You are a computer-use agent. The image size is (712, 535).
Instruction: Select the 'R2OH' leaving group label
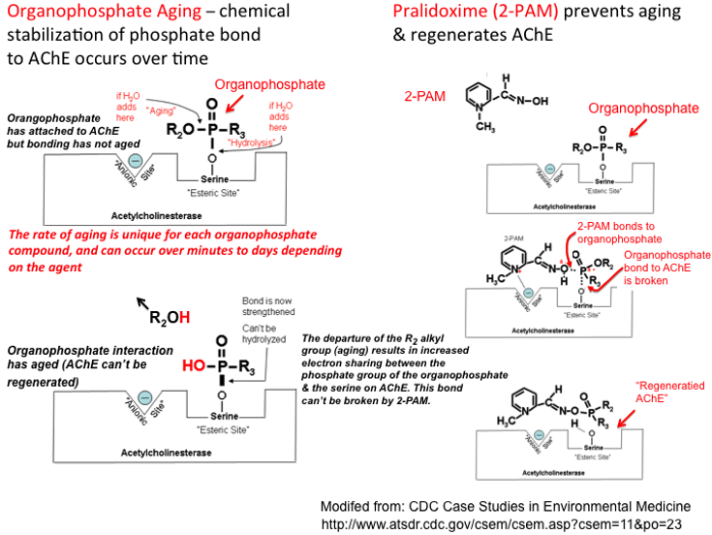click(x=169, y=315)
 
